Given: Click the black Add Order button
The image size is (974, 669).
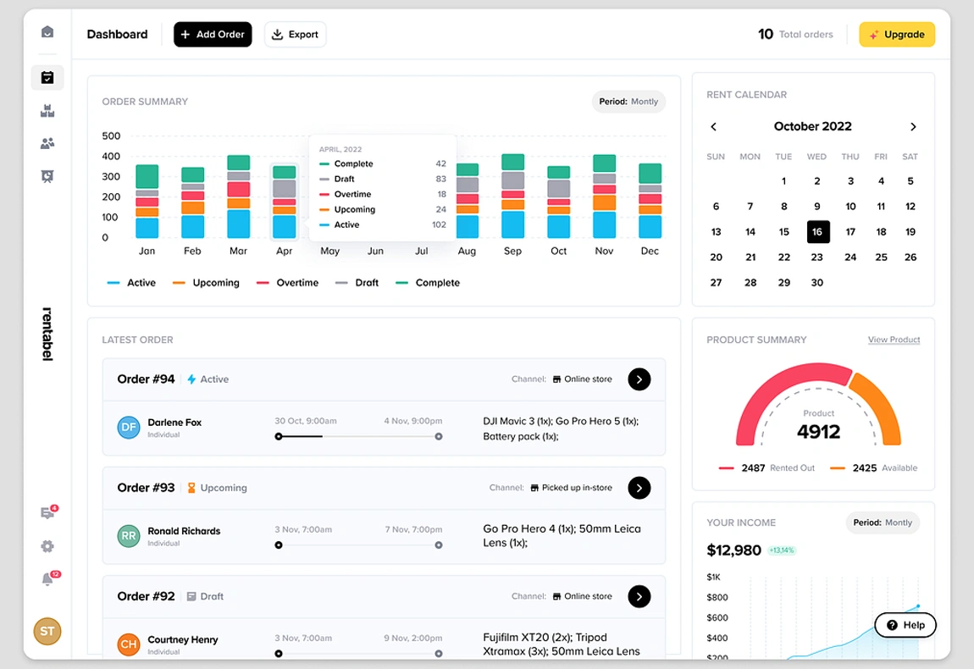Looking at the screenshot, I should pyautogui.click(x=213, y=35).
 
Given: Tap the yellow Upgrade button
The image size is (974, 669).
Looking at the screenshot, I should pyautogui.click(x=897, y=35).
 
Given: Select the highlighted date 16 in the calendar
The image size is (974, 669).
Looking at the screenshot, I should pyautogui.click(x=818, y=232).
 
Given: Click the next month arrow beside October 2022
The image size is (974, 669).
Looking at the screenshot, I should pyautogui.click(x=913, y=127).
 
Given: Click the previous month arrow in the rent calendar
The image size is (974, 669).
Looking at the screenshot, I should pyautogui.click(x=713, y=127).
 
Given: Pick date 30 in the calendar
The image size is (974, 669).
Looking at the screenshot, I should pyautogui.click(x=816, y=283).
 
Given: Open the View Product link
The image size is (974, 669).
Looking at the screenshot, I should pyautogui.click(x=894, y=340).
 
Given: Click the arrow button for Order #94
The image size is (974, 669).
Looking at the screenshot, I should pyautogui.click(x=639, y=379).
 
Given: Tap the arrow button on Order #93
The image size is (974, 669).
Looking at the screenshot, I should pyautogui.click(x=639, y=488).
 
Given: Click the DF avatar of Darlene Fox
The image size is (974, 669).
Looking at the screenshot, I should pyautogui.click(x=129, y=428).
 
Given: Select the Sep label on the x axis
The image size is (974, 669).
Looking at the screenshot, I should pyautogui.click(x=512, y=252).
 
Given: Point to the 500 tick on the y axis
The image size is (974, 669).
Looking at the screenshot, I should pyautogui.click(x=111, y=136).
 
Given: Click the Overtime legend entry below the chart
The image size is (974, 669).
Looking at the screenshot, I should pyautogui.click(x=288, y=283).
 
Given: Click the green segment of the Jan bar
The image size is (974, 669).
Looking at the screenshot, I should pyautogui.click(x=147, y=176).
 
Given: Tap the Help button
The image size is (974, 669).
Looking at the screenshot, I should pyautogui.click(x=905, y=625).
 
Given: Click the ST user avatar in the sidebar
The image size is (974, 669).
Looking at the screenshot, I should pyautogui.click(x=47, y=631).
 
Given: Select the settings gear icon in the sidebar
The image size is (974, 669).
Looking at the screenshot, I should pyautogui.click(x=47, y=546).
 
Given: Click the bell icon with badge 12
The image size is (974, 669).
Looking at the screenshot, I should pyautogui.click(x=47, y=579).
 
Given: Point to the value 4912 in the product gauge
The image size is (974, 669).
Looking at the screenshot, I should pyautogui.click(x=818, y=432).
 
